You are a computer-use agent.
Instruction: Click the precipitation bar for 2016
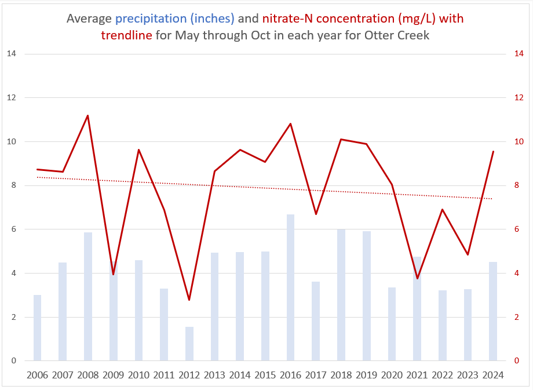(290, 287)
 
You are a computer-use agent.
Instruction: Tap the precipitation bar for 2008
(88, 296)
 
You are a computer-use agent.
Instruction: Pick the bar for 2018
(341, 295)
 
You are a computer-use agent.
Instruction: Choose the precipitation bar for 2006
(38, 327)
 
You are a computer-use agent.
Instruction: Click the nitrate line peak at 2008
(87, 115)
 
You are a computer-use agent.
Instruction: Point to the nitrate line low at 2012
(189, 300)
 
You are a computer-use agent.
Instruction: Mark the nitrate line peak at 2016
(290, 123)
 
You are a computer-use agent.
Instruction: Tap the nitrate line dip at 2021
(417, 279)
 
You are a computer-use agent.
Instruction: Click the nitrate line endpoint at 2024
(493, 152)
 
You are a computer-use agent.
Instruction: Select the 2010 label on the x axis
(138, 375)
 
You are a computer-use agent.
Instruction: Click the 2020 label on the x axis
(392, 375)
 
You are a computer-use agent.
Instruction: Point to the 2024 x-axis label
(493, 375)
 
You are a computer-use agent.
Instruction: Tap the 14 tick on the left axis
(11, 54)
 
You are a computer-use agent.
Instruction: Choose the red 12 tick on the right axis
(519, 98)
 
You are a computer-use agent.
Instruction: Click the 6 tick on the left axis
(13, 229)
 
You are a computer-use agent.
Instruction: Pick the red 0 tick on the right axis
(516, 361)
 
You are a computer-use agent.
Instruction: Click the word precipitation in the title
(174, 18)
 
